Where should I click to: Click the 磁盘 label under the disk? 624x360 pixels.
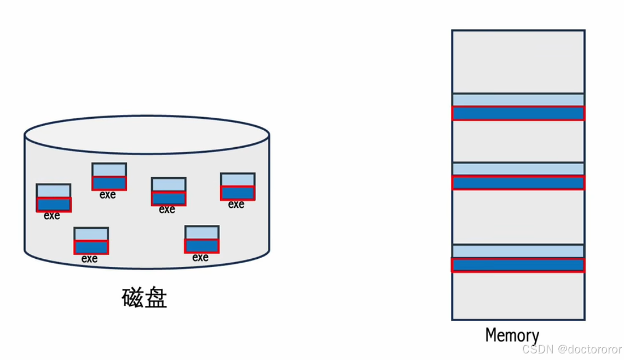pos(144,298)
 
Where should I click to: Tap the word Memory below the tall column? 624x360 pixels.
pos(512,335)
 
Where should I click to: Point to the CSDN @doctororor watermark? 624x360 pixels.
pos(571,349)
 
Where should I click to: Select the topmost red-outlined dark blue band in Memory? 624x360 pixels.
pos(518,113)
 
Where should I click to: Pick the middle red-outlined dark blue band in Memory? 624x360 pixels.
pos(518,182)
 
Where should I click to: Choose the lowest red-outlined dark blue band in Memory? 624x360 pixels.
pos(518,265)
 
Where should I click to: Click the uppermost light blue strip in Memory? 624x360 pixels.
pos(518,100)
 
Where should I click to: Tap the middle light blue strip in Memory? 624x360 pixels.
pos(518,169)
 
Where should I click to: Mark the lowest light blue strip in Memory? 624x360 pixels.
pos(518,251)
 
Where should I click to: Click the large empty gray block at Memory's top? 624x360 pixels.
pos(518,61)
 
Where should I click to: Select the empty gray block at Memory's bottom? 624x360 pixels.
pos(518,295)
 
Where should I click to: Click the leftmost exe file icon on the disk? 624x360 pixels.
pos(54,198)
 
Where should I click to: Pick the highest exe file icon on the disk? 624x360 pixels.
pos(109,176)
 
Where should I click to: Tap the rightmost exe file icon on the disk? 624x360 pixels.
pos(238,187)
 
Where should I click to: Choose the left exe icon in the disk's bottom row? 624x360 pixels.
pos(91,241)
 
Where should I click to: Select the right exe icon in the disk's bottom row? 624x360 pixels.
pos(202,239)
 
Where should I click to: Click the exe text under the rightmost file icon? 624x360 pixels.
pos(236,205)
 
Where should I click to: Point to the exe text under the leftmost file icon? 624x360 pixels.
pos(52,216)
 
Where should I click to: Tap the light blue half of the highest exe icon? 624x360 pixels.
pos(109,170)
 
